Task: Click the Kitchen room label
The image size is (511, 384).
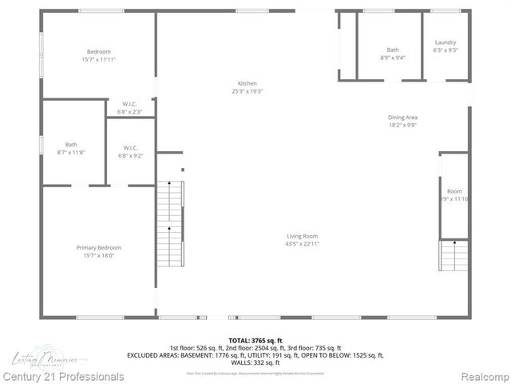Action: [247, 84]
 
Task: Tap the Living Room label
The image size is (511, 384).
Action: [303, 236]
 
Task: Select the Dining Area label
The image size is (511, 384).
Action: [402, 118]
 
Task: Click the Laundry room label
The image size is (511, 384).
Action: [445, 42]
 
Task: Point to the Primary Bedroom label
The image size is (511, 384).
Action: [98, 248]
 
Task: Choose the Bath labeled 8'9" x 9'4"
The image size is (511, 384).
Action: [392, 50]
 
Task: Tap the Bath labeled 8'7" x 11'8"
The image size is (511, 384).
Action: [71, 145]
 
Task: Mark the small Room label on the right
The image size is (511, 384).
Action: [454, 191]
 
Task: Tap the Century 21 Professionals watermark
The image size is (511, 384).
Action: [63, 376]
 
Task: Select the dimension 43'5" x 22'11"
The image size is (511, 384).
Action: [303, 243]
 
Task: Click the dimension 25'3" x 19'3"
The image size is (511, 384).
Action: [247, 91]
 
